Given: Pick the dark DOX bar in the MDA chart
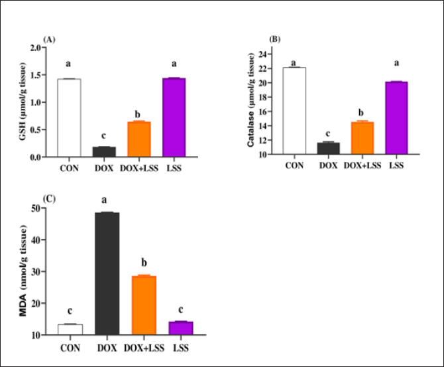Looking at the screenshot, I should pyautogui.click(x=107, y=273).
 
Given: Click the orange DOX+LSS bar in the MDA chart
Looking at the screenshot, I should pyautogui.click(x=143, y=305).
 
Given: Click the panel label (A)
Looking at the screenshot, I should pyautogui.click(x=48, y=40).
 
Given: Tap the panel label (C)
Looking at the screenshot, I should pyautogui.click(x=49, y=198).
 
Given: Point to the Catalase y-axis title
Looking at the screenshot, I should pyautogui.click(x=252, y=100).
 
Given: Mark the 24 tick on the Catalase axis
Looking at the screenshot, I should pyautogui.click(x=262, y=54).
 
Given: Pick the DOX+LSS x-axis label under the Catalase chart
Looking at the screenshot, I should pyautogui.click(x=362, y=165).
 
